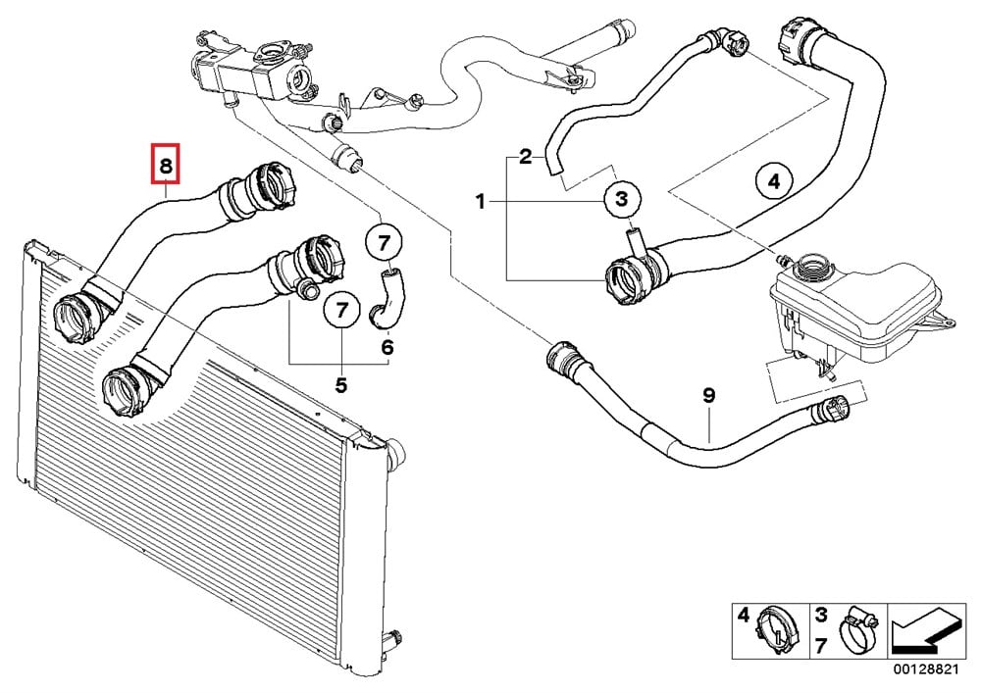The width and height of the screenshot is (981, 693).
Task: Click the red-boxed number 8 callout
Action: [x=167, y=166]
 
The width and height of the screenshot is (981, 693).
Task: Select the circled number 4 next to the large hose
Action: [x=773, y=181]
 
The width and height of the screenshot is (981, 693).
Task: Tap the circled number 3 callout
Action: [x=620, y=200]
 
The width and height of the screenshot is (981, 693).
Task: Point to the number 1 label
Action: [x=481, y=202]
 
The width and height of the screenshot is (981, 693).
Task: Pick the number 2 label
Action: [x=526, y=156]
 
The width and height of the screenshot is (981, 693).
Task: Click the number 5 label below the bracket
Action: [x=340, y=385]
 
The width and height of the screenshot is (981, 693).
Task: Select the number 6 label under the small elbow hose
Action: [x=387, y=346]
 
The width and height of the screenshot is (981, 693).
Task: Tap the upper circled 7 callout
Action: [x=385, y=241]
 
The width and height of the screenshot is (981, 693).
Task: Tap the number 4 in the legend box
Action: [x=743, y=617]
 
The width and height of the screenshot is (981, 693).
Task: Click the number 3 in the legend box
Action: [x=819, y=616]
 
